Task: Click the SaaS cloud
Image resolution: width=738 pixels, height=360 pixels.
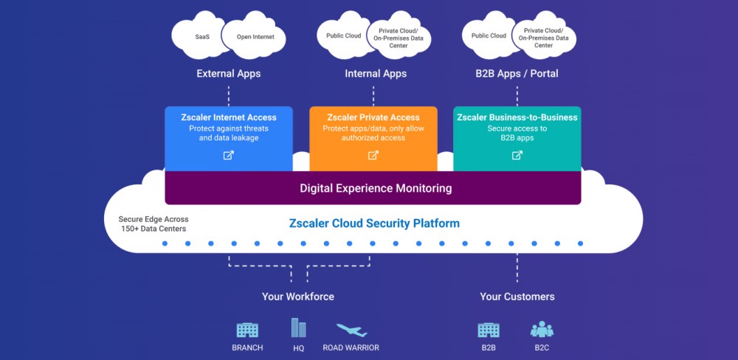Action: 201,36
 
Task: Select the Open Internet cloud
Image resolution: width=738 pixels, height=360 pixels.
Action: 255,36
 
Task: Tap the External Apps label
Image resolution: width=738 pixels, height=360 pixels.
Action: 228,74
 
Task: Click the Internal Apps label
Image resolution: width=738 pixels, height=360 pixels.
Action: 375,74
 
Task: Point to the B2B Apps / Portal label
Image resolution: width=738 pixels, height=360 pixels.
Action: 517,74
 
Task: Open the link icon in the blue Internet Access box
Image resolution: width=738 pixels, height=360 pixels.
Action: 229,155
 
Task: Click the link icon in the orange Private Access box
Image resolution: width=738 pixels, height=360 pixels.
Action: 373,155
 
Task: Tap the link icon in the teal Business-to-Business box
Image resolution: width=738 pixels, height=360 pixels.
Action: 517,155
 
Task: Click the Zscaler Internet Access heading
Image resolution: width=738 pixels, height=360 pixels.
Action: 229,117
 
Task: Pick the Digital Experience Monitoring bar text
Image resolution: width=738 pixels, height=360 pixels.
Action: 376,188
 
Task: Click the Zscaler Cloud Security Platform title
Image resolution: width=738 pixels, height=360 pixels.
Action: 374,224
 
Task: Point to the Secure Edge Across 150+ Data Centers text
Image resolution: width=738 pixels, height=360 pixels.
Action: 154,224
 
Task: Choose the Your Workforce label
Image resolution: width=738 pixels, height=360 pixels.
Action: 298,297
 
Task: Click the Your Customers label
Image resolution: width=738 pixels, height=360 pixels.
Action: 517,297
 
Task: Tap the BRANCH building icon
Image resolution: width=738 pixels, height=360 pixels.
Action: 247,330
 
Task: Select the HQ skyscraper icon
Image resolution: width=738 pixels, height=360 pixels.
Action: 298,328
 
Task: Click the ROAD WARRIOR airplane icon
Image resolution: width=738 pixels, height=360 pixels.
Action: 351,330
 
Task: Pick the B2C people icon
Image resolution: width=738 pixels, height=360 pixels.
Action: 542,329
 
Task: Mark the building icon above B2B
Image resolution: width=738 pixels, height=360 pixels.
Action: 489,330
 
